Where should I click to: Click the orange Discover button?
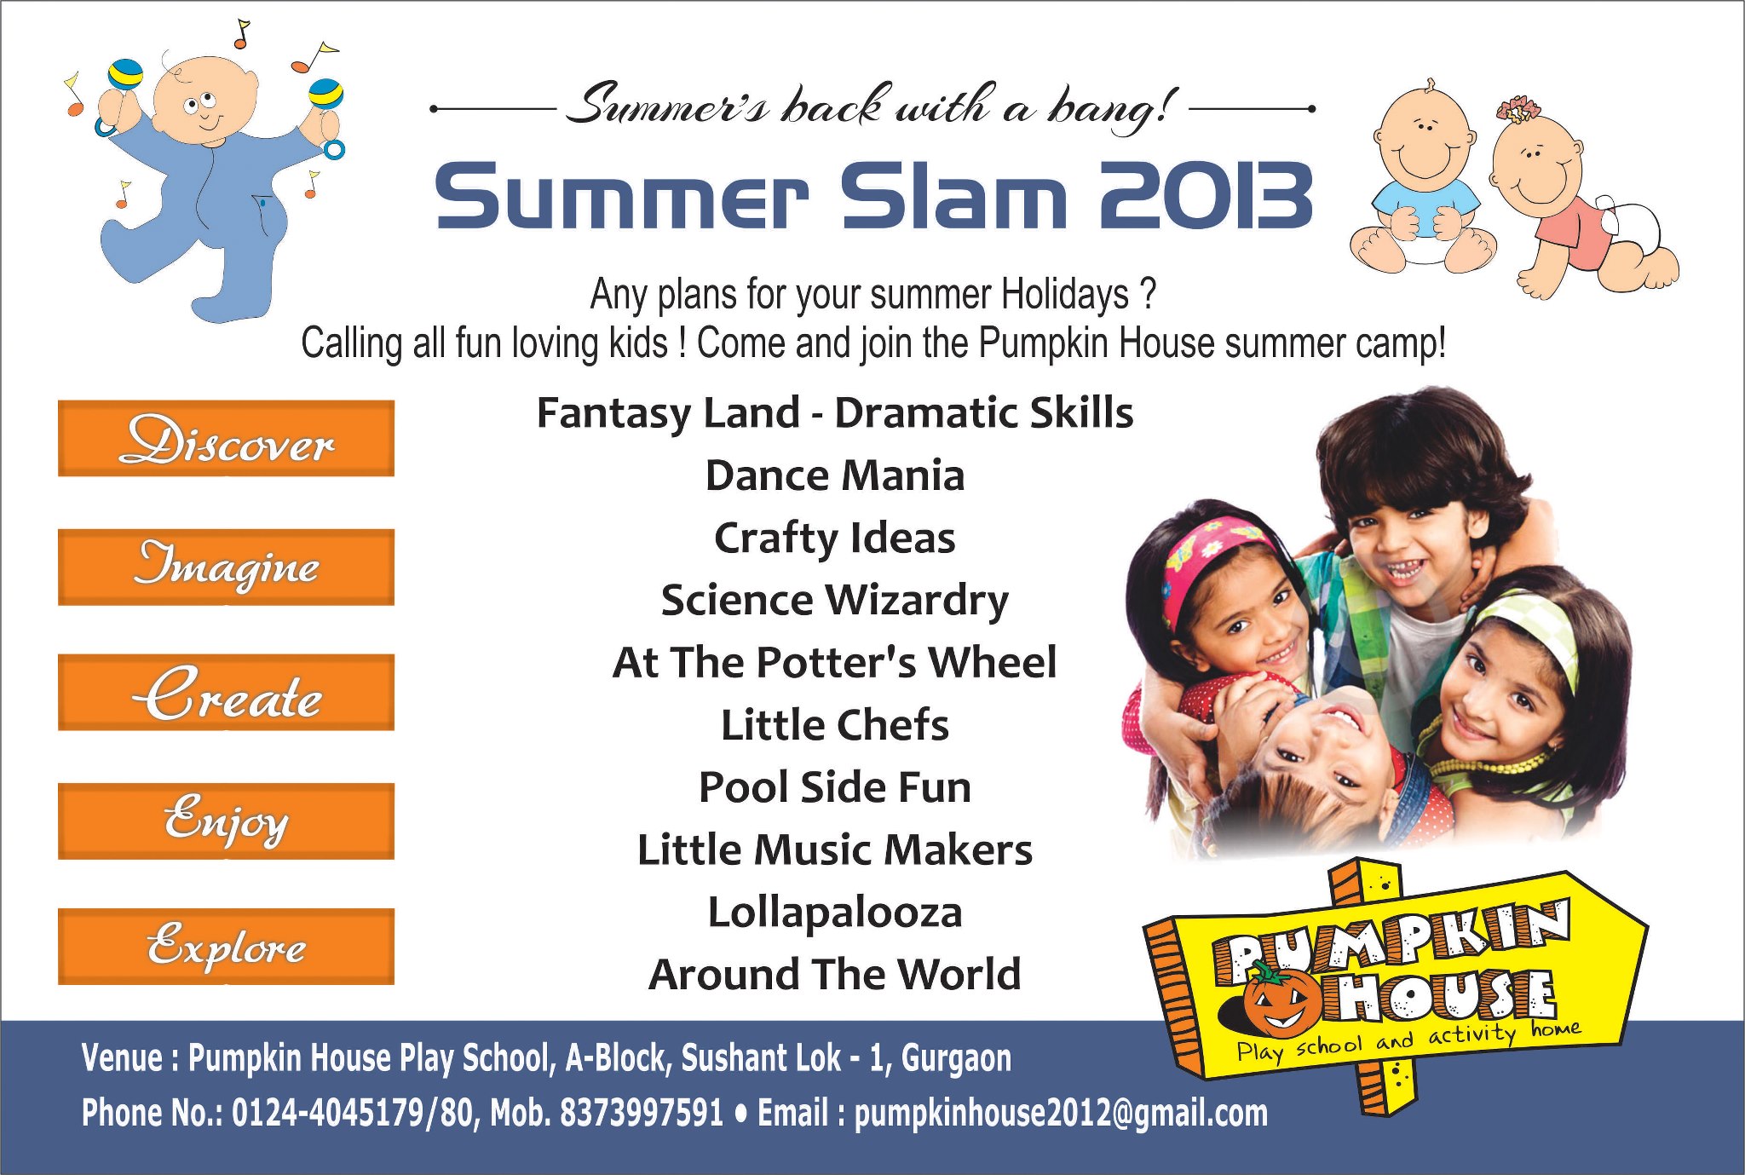226,438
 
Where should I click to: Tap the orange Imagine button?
226,567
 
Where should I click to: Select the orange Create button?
226,692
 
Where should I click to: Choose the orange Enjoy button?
226,821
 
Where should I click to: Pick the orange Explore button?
226,946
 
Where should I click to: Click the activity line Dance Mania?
835,475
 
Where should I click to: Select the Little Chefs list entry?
835,725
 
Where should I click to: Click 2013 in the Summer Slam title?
1206,196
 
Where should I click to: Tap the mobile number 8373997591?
642,1113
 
